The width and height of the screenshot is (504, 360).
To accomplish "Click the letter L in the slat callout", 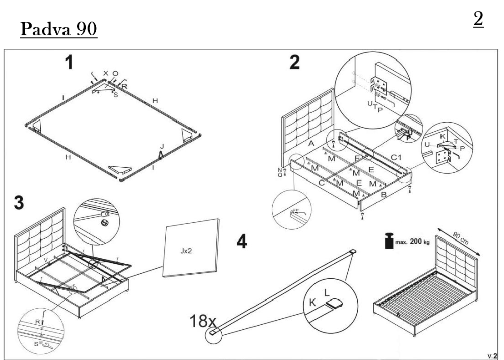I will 326,292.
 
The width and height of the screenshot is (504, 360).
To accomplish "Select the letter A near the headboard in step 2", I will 311,144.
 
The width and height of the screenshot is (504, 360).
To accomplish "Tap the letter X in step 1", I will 105,74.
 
